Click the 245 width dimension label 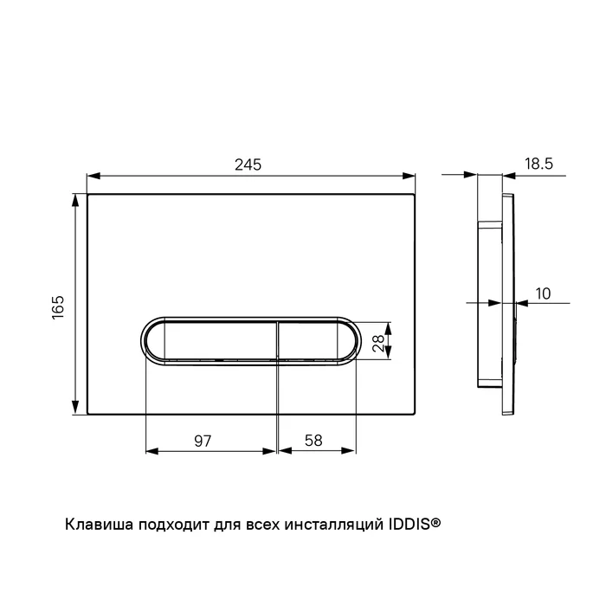click(248, 164)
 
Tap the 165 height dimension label click(58, 307)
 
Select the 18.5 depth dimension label click(538, 164)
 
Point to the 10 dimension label click(543, 293)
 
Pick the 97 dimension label click(203, 441)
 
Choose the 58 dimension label click(313, 440)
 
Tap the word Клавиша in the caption click(100, 525)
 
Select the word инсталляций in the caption click(334, 525)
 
